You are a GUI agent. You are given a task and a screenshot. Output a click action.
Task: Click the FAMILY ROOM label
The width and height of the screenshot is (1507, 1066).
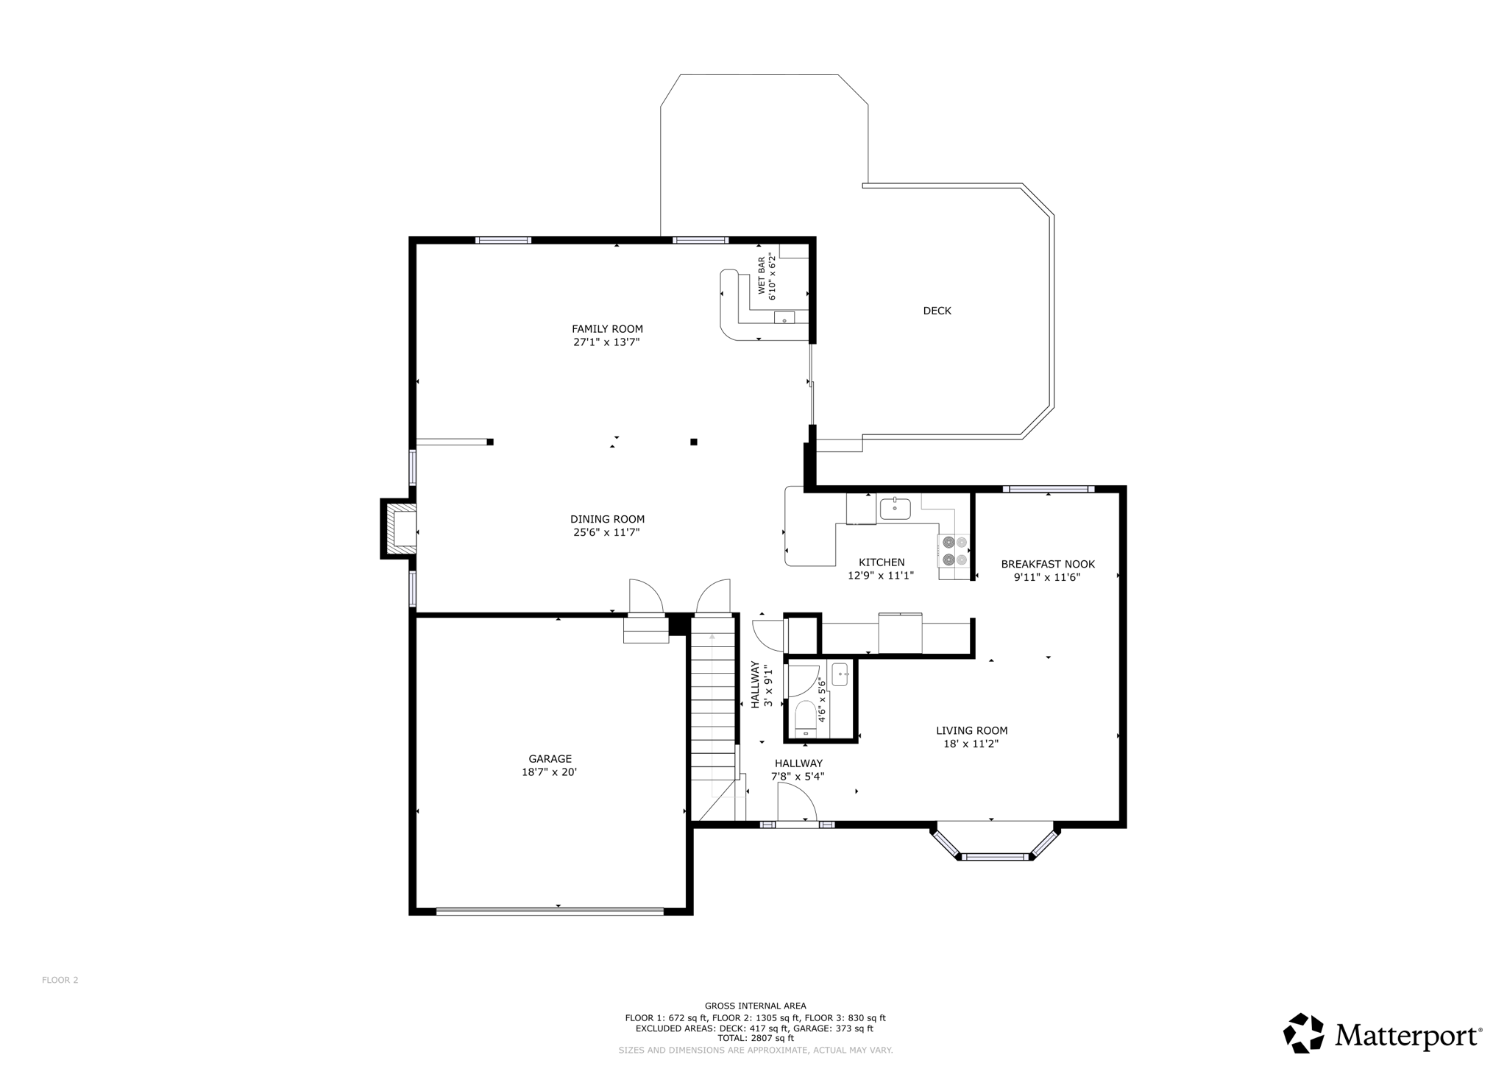point(607,329)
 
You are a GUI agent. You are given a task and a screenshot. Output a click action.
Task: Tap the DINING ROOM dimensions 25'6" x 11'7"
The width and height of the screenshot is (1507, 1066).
point(606,532)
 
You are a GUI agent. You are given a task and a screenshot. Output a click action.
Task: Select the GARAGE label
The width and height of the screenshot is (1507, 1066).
point(550,759)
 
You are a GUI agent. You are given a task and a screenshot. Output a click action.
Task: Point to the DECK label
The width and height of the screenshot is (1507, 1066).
point(937,311)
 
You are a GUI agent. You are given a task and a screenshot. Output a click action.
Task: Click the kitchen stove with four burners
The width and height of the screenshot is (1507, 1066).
point(954,551)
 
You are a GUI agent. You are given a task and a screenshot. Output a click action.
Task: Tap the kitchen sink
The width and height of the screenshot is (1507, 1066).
point(895,509)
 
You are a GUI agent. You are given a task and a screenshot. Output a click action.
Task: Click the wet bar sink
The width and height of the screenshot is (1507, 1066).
point(784,318)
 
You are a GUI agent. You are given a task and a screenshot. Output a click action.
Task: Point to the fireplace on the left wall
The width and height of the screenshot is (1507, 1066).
point(400,529)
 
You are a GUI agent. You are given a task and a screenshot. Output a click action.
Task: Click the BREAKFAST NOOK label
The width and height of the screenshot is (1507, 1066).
point(1047,565)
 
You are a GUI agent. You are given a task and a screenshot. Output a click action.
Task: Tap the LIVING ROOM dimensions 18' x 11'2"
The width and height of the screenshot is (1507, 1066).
point(971,744)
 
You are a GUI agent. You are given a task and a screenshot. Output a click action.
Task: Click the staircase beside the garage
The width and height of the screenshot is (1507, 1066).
point(712,707)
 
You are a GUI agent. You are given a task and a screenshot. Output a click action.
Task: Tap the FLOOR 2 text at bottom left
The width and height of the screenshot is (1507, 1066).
point(60,980)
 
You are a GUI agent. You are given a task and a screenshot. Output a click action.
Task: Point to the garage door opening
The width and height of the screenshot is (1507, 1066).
point(550,911)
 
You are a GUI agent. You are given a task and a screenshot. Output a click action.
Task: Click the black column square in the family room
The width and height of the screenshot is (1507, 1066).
point(693,442)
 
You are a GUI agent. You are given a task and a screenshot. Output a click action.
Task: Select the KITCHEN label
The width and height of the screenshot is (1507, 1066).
point(881,562)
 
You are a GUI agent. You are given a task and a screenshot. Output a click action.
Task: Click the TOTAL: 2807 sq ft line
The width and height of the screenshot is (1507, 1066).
point(755,1038)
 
